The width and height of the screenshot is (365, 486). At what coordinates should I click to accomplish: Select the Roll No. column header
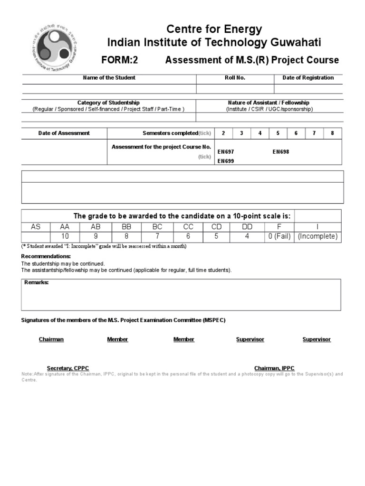coord(235,78)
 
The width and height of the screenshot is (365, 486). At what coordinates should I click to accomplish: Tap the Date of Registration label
coord(308,78)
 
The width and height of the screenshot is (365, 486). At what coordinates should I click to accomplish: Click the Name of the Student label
coord(109,78)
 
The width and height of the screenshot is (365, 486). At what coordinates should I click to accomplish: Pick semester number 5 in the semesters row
coord(278,133)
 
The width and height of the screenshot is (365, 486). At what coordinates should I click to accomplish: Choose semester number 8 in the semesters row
coord(332,133)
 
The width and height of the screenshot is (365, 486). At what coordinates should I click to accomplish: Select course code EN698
coord(280,152)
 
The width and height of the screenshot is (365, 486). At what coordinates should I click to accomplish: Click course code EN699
coord(226,161)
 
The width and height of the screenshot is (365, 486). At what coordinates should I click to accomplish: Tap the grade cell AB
coord(96,227)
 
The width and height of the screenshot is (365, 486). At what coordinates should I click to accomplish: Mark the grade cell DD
coord(247,227)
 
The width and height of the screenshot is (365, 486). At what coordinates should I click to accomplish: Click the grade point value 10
coord(65,236)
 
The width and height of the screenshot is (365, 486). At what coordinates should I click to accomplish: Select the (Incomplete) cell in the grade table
coord(317,236)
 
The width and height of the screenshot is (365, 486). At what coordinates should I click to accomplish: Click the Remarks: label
coord(37,283)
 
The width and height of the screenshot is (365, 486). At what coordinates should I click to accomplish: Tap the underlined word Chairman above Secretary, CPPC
coord(51,339)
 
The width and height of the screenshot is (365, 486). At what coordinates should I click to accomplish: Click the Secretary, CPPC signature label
coord(68,368)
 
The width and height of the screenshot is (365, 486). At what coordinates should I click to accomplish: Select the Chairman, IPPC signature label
coord(274,368)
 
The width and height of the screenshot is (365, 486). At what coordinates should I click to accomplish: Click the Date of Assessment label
coord(64,133)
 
